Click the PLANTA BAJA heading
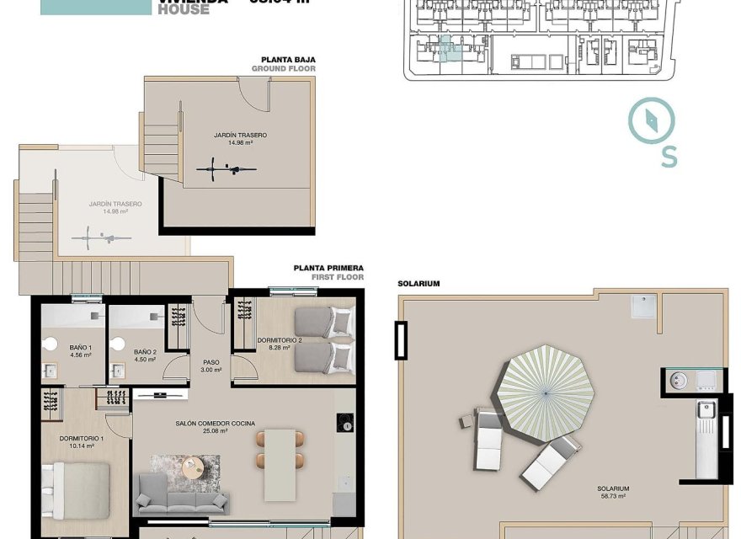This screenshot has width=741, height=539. tap(289, 60)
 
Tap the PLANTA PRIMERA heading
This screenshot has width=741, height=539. tap(328, 268)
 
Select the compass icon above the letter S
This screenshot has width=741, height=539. tap(652, 120)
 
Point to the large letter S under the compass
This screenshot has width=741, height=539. tap(669, 157)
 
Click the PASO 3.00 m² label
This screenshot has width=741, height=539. tap(211, 366)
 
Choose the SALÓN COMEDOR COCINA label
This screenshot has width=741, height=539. tap(216, 424)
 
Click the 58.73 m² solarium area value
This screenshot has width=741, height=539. tap(613, 497)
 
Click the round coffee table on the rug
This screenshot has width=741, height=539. tap(193, 466)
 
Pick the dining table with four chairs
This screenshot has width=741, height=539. tap(280, 463)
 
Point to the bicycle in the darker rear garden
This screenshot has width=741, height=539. tap(227, 169)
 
